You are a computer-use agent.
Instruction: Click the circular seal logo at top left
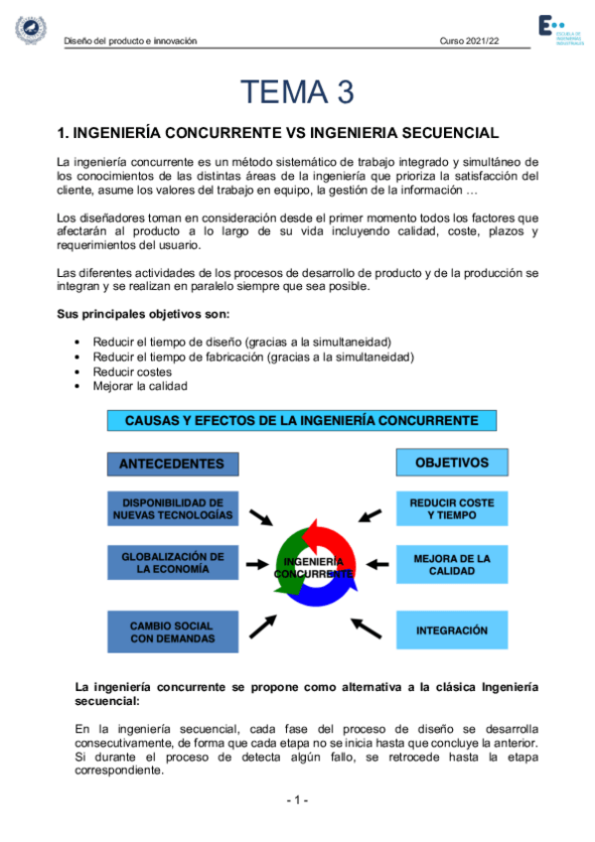[29, 29]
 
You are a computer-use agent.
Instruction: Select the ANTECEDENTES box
[172, 464]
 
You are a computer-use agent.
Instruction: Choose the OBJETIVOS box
[452, 463]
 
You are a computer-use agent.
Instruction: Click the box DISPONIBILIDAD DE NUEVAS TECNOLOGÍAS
[172, 509]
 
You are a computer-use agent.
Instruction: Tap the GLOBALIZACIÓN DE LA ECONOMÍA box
[172, 563]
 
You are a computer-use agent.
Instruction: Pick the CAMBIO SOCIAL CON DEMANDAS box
[172, 631]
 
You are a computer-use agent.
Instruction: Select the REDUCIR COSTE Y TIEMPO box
[452, 509]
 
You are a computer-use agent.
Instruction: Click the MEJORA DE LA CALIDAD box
[452, 564]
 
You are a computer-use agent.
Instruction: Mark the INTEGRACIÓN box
[452, 631]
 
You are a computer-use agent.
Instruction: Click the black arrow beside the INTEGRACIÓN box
[366, 628]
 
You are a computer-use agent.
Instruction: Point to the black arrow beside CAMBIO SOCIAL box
[263, 626]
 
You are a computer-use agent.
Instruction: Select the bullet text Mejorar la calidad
[140, 386]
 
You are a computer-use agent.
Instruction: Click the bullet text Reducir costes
[132, 371]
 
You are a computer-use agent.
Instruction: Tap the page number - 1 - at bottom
[298, 800]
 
